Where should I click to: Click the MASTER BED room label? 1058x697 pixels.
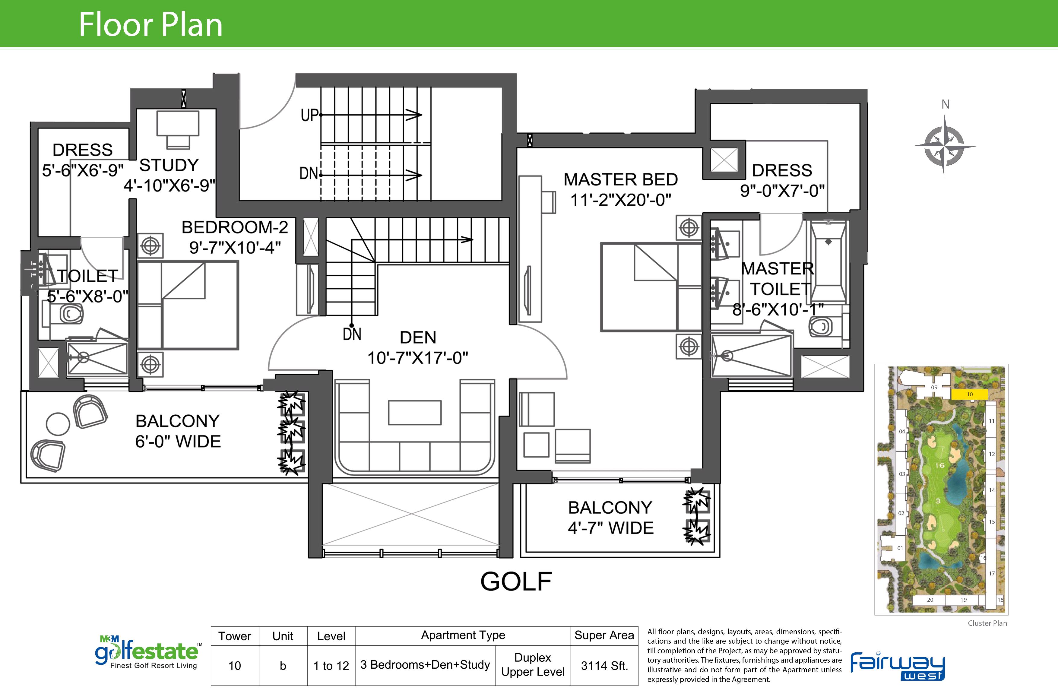tap(621, 179)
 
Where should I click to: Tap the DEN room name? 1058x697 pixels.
tap(418, 337)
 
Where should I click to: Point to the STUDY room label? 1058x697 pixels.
tap(169, 165)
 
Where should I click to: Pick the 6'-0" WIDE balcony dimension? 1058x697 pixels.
tap(178, 442)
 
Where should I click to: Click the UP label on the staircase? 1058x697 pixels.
tap(309, 115)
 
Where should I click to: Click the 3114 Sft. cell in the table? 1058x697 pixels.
tap(604, 665)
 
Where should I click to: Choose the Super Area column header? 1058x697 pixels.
tap(604, 635)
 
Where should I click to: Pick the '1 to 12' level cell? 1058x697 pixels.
tap(331, 665)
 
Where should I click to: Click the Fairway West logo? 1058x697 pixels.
tap(898, 665)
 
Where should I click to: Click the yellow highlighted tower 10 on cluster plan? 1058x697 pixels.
tap(970, 394)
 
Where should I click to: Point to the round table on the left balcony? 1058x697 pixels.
tap(58, 424)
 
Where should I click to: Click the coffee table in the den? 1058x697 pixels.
tap(415, 413)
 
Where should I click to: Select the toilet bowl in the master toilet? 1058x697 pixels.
tap(821, 328)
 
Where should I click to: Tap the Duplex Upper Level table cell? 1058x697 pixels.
tap(533, 664)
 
